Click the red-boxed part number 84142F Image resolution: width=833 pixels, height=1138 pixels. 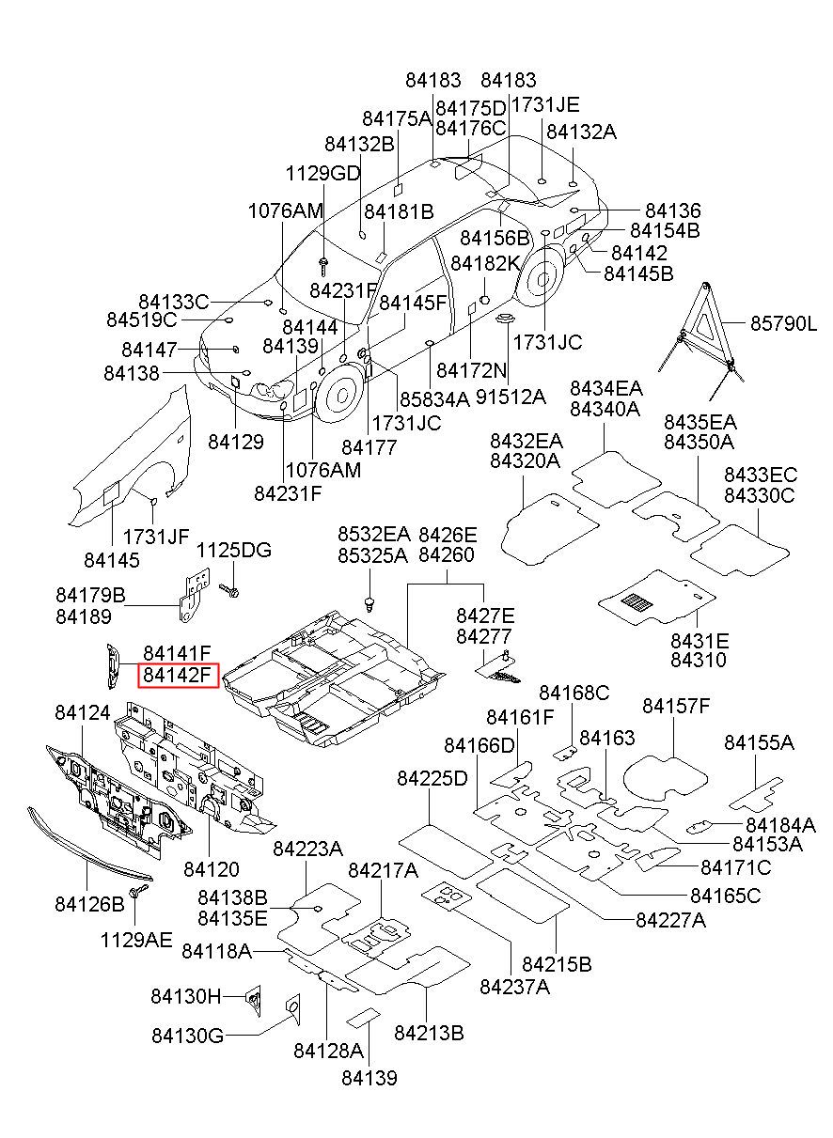[177, 675]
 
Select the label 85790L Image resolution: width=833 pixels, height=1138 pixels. [784, 323]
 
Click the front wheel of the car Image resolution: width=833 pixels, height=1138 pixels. [340, 395]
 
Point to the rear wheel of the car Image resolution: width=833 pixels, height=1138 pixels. [541, 278]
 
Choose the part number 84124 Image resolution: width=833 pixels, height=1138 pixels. [83, 712]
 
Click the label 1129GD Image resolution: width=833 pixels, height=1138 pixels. [322, 174]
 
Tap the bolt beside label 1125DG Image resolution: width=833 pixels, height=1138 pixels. [229, 590]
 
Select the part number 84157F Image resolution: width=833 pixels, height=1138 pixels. [676, 706]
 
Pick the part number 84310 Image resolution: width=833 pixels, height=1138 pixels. [699, 660]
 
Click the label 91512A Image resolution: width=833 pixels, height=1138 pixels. [511, 397]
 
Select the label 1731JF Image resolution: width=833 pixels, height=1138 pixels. [156, 537]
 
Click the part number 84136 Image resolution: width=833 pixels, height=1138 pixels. [673, 210]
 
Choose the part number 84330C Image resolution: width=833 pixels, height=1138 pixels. [759, 495]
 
